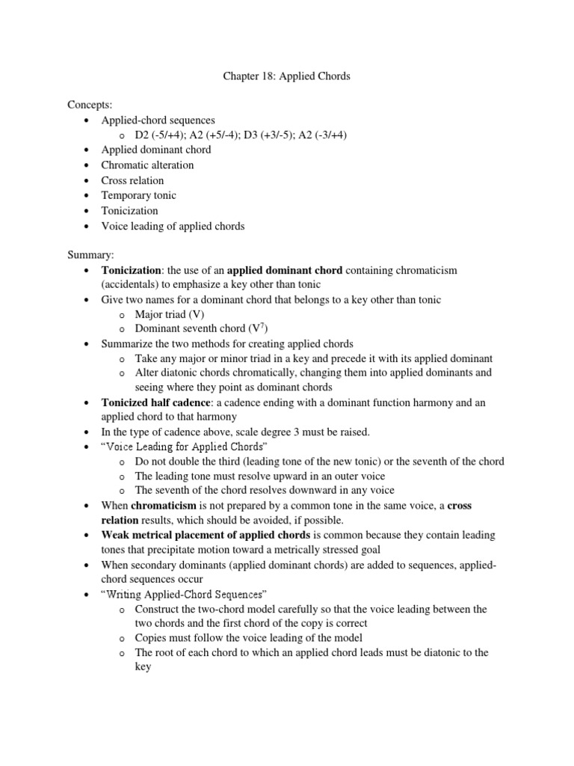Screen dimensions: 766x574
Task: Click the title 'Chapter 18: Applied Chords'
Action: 287,76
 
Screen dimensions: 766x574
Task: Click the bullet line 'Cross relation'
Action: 132,180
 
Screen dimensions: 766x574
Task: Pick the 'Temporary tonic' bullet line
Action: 138,195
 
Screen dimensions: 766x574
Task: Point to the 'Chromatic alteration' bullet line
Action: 147,165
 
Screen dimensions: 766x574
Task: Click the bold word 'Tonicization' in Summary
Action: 131,269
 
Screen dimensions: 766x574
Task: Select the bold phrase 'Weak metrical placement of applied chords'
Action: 206,536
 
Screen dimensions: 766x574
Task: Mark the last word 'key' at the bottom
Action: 143,666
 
